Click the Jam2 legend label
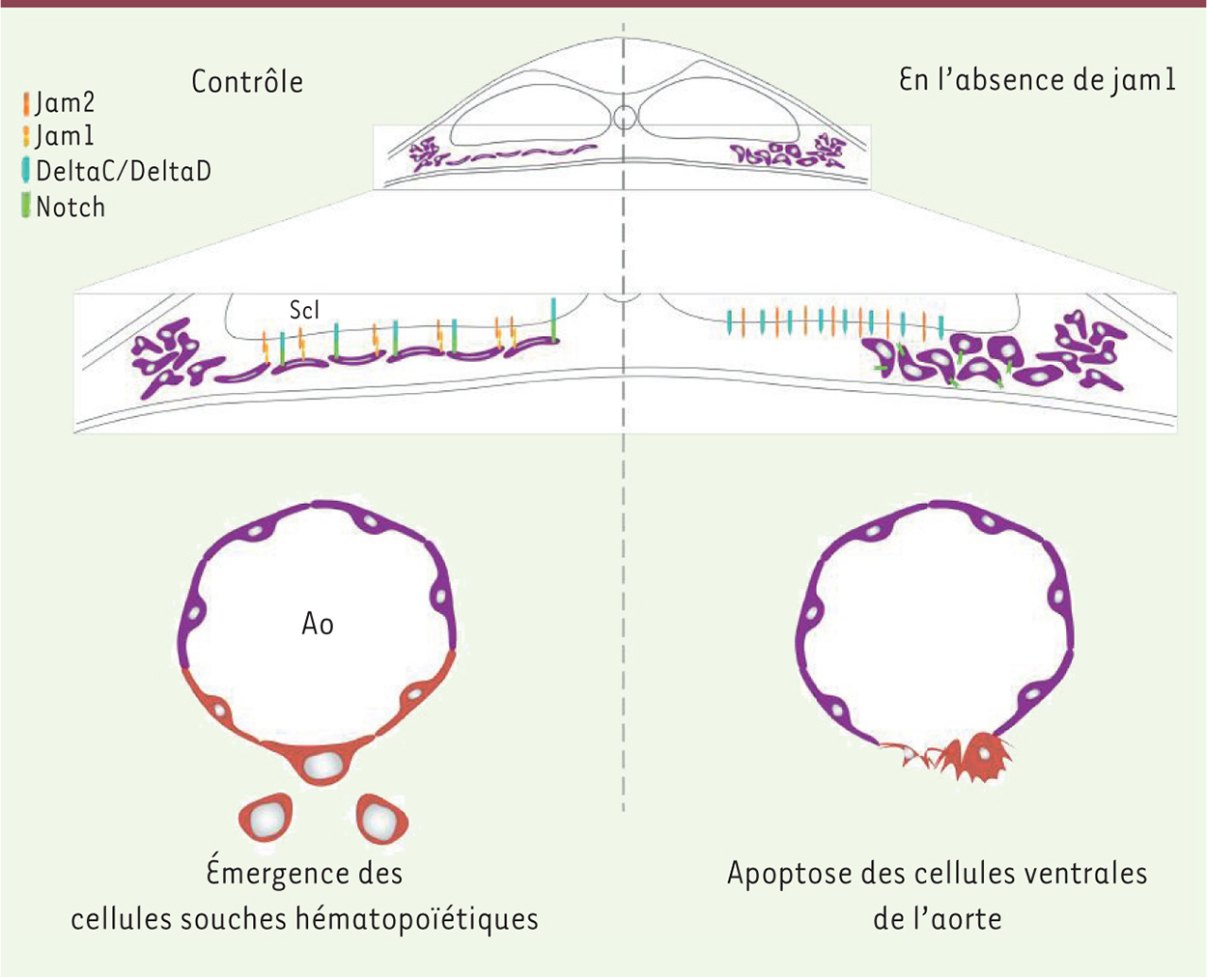65,103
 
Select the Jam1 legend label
64,136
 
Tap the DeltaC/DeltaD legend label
124,171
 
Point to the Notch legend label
70,207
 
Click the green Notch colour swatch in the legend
25,206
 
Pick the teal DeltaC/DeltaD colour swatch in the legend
25,171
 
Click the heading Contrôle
247,82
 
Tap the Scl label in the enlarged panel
304,310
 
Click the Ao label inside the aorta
318,625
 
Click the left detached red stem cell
266,818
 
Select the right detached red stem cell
382,819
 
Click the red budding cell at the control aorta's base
321,763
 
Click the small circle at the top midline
624,118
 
